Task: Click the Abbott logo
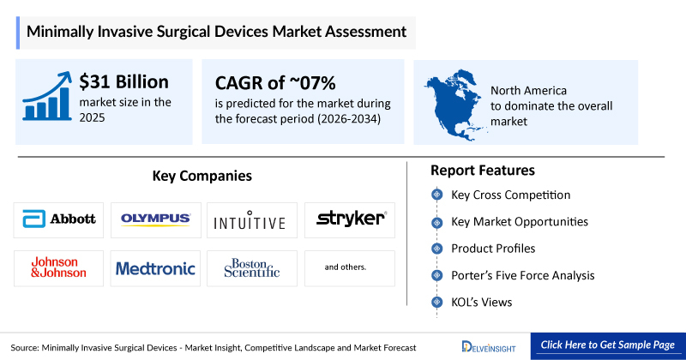(x=59, y=219)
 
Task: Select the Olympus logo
(x=155, y=219)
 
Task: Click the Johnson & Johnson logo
(x=59, y=268)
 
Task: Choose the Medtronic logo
(x=155, y=268)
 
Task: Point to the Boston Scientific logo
(x=252, y=268)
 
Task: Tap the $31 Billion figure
(x=124, y=82)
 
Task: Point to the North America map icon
(x=454, y=100)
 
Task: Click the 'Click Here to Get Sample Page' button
(x=608, y=345)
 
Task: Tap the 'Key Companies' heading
(x=202, y=176)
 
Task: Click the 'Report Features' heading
(x=483, y=170)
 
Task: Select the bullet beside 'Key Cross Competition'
(x=436, y=195)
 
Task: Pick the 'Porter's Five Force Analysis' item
(x=522, y=275)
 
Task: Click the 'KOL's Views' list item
(x=482, y=302)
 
